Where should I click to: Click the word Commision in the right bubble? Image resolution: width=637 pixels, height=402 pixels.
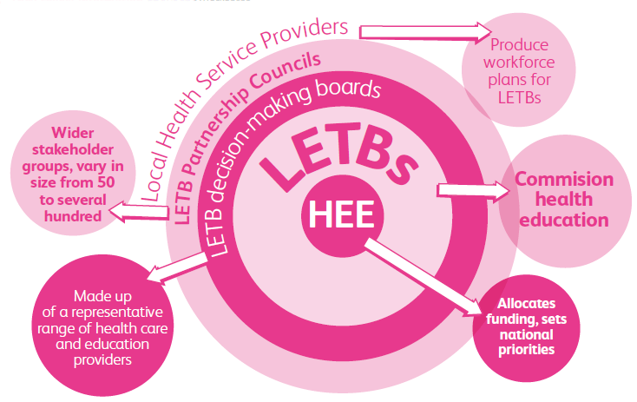coord(564,180)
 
